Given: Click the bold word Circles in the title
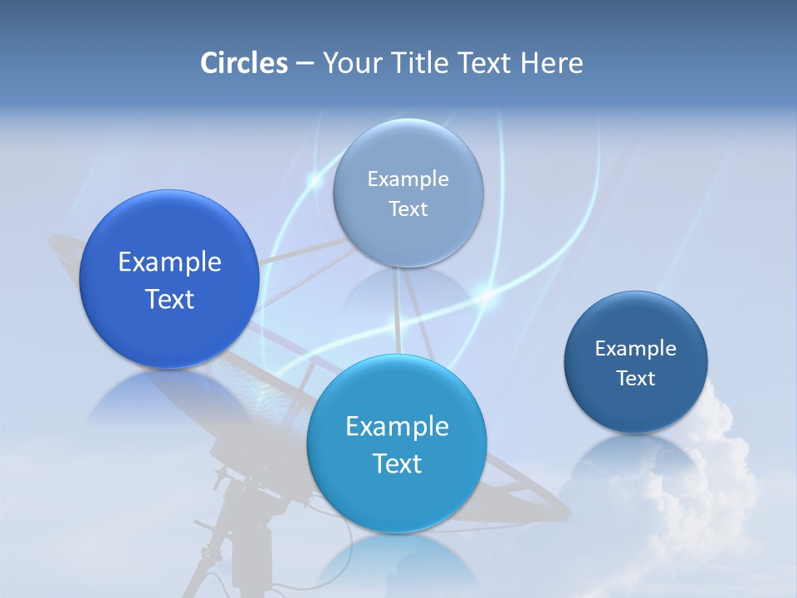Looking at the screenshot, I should click(244, 63).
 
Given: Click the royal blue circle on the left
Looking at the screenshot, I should click(169, 279).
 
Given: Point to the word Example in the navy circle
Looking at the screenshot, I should click(636, 349).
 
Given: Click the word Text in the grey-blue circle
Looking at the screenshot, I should click(408, 209).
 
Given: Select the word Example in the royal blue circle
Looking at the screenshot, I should click(169, 262).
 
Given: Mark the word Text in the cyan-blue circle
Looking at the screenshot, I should click(397, 463).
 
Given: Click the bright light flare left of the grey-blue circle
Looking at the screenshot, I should click(315, 179).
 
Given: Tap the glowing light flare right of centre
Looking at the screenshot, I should click(485, 292).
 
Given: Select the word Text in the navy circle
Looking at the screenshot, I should click(636, 379).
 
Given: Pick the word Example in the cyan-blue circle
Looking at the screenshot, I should click(397, 427).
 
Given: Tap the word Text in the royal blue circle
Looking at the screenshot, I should click(169, 299).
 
